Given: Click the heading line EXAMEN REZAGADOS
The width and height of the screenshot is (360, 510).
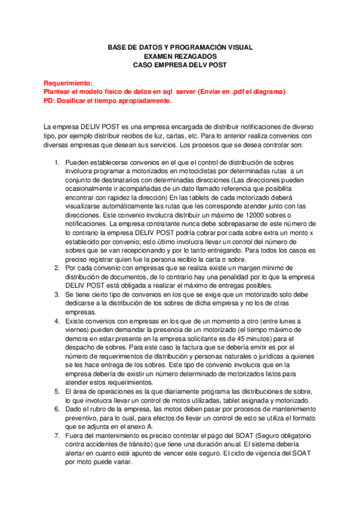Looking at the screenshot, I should tap(180, 55).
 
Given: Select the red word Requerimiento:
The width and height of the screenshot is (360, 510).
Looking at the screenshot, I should tap(68, 83).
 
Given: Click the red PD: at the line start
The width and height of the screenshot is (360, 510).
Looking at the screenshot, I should tap(50, 100).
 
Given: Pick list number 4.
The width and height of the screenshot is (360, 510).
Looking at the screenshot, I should tap(57, 322).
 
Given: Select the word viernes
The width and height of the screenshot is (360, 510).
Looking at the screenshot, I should tap(78, 330).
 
